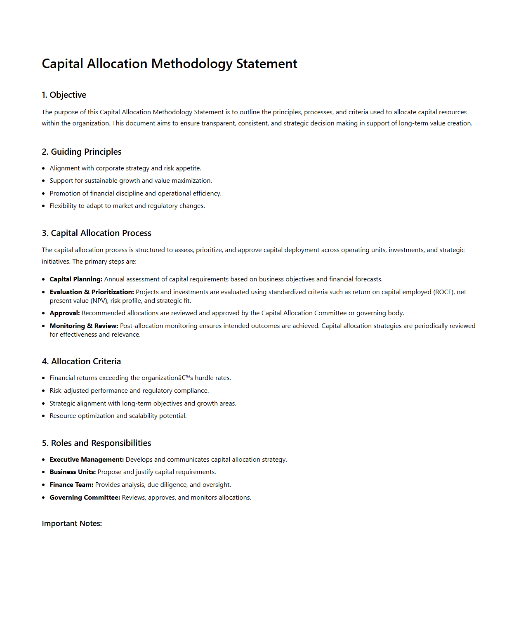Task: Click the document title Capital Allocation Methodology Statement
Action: point(169,64)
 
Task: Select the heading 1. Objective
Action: point(64,95)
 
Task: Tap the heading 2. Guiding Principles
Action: point(82,152)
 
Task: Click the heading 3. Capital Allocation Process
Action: point(97,233)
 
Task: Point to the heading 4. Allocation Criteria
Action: point(81,361)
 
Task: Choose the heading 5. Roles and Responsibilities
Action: point(97,443)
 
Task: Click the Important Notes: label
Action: point(72,524)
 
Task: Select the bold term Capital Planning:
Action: point(76,279)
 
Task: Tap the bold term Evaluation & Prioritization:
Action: point(92,292)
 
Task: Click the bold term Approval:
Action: point(65,313)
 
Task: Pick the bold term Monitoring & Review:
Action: point(84,326)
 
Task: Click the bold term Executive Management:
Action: point(87,460)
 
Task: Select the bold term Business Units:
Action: point(73,472)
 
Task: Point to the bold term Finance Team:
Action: point(71,485)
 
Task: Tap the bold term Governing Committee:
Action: point(85,498)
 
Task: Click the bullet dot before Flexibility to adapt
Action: point(43,206)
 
